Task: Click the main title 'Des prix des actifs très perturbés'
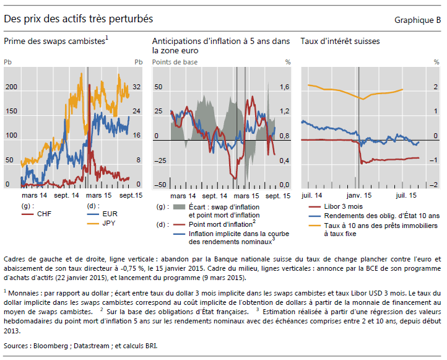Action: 79,20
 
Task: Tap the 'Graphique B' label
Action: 418,20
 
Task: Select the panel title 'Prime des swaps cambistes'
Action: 56,42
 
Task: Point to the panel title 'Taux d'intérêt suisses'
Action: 340,42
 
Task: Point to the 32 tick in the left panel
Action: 137,87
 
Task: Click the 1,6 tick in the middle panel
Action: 285,87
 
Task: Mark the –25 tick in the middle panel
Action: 160,161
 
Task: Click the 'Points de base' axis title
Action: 175,63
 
